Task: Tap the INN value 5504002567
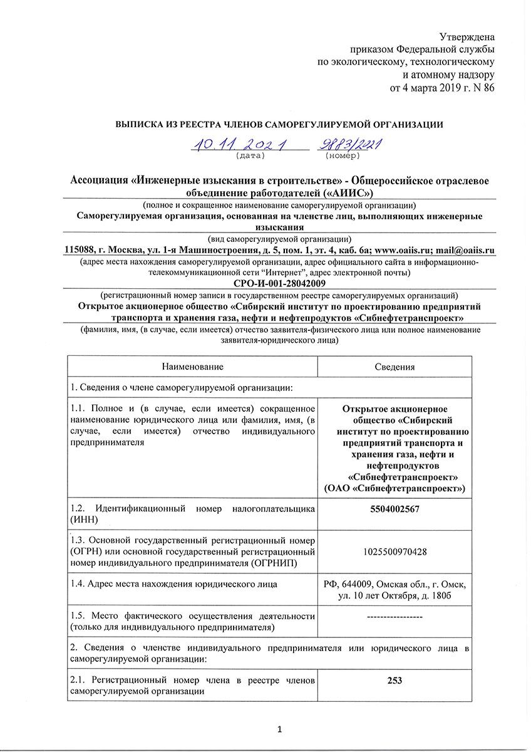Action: click(x=394, y=509)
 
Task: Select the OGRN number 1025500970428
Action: click(x=394, y=551)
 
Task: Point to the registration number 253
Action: click(x=394, y=681)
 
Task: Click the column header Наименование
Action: click(x=192, y=367)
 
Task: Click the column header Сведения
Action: click(x=394, y=367)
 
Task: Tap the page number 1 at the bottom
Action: click(x=279, y=729)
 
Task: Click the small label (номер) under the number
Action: click(x=343, y=155)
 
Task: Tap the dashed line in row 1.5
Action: click(x=394, y=617)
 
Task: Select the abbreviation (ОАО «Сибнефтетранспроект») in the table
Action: click(x=394, y=488)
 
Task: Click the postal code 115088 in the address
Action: click(x=83, y=250)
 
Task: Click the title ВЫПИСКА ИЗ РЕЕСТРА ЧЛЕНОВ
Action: click(x=279, y=125)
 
